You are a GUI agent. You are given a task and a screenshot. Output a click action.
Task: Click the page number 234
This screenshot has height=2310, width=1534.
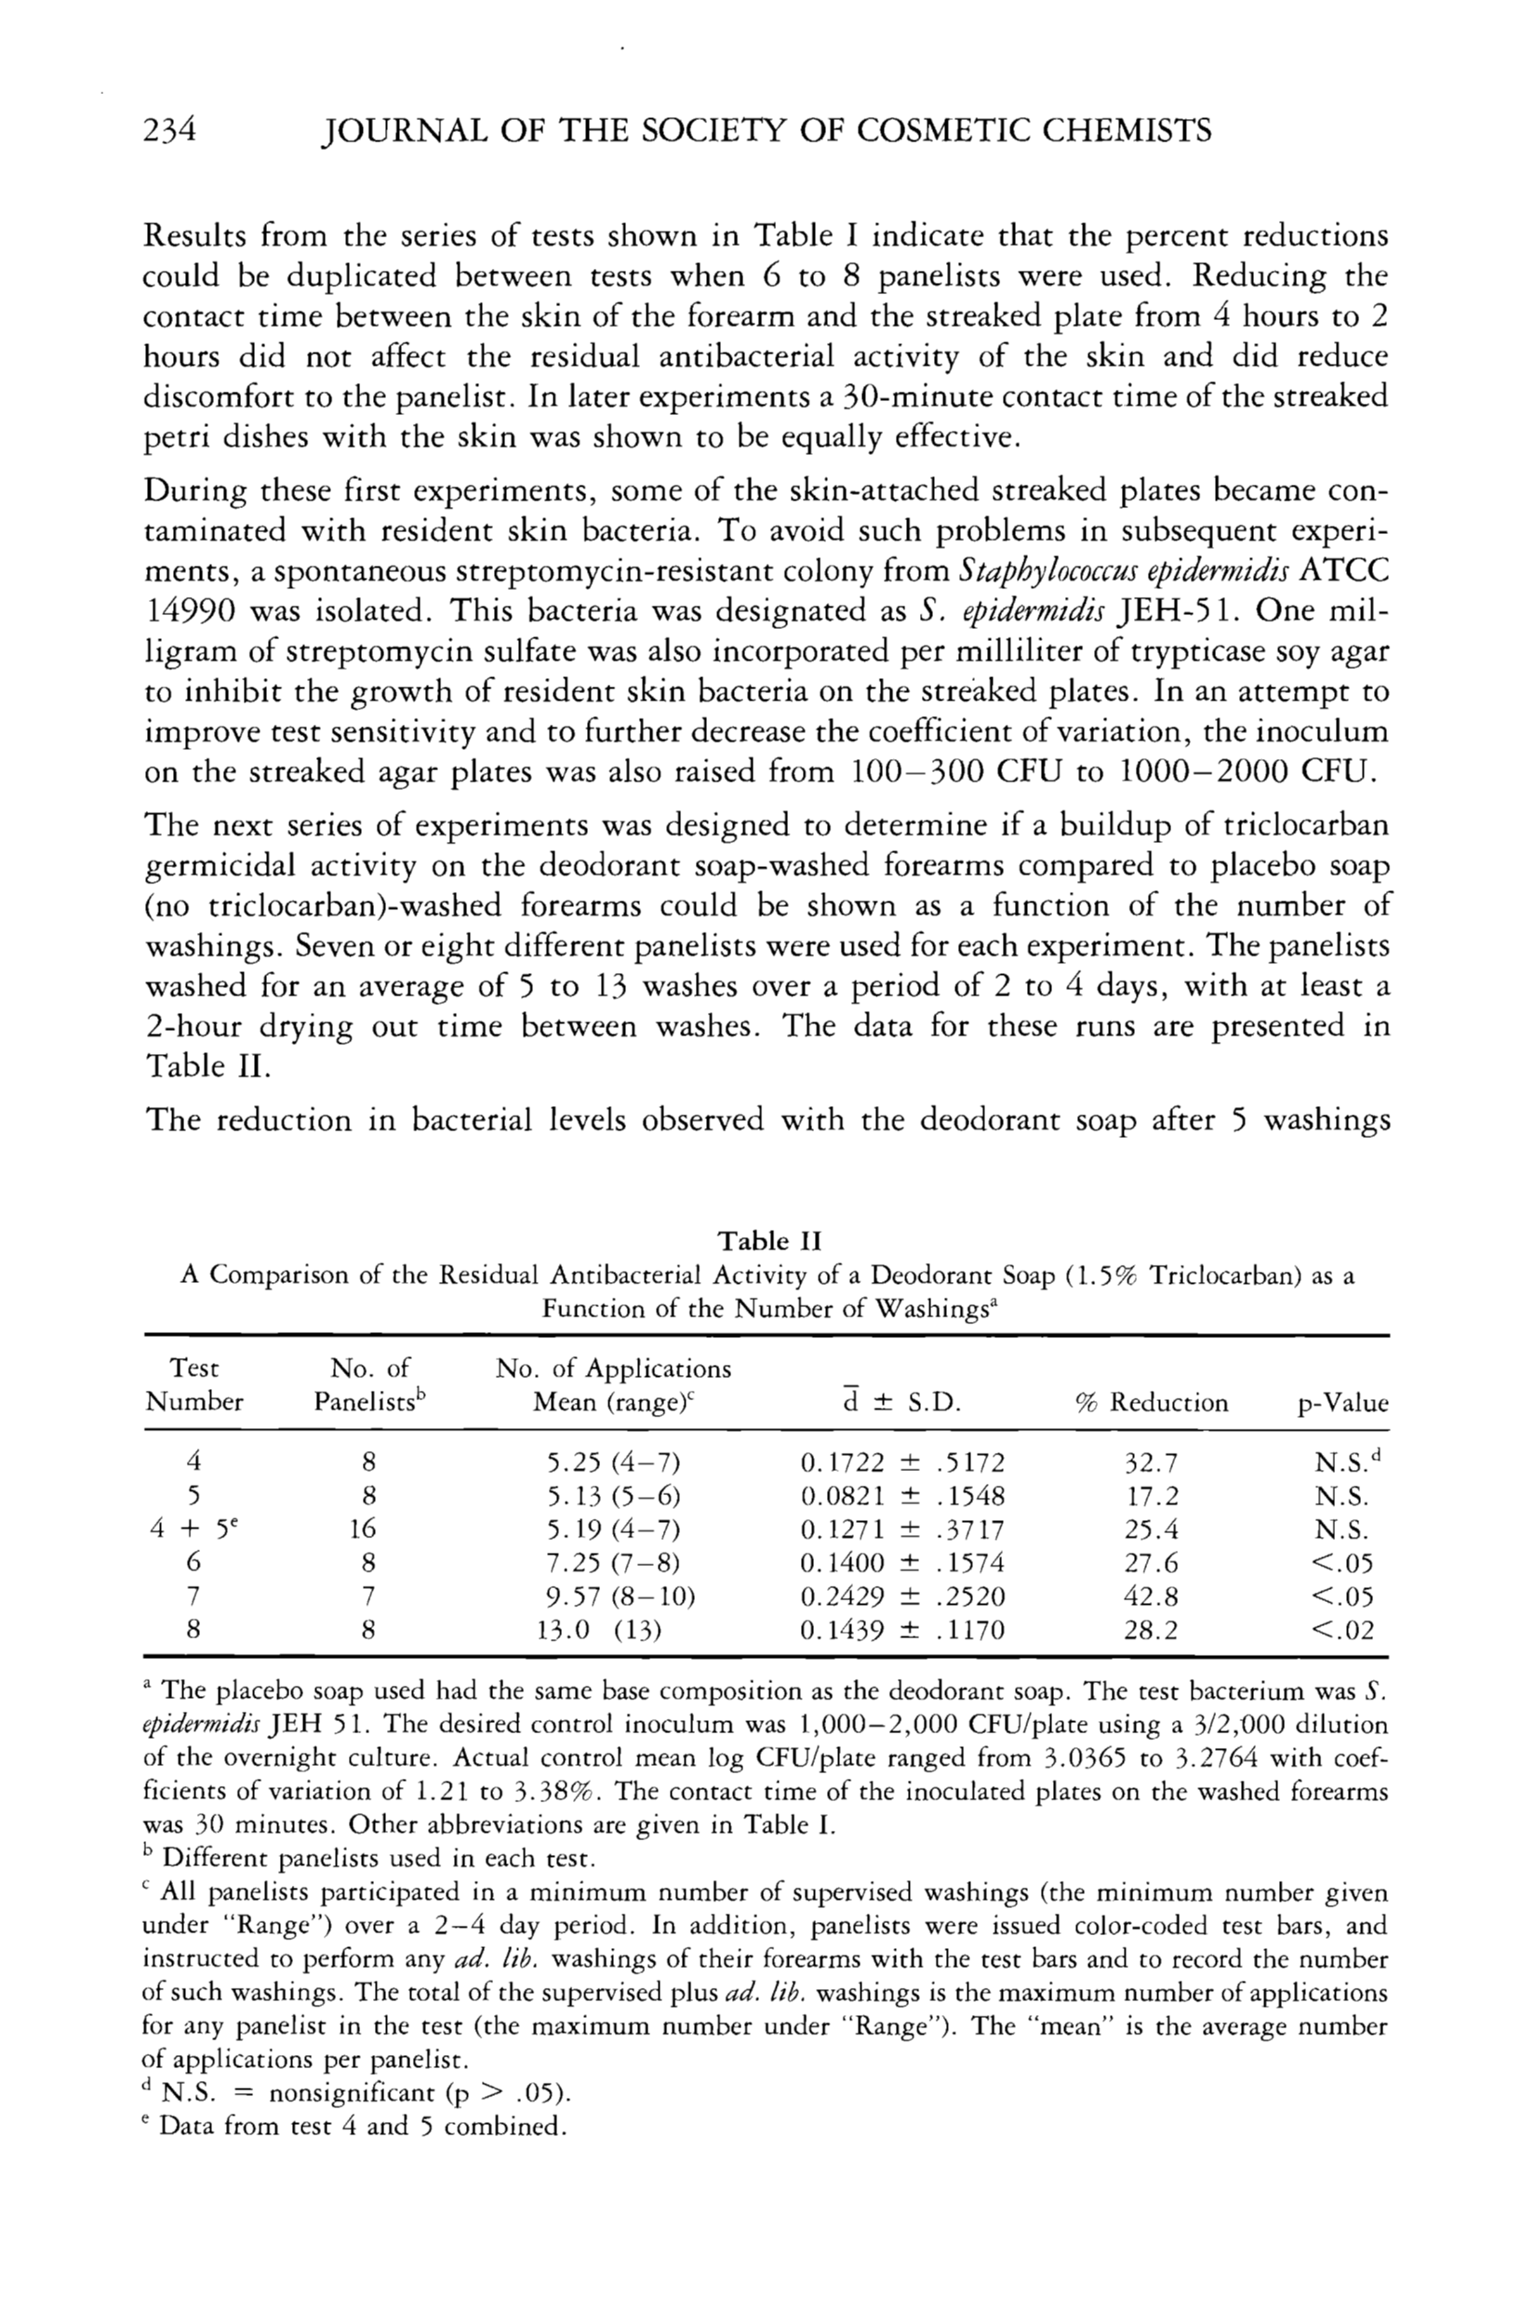pyautogui.click(x=171, y=131)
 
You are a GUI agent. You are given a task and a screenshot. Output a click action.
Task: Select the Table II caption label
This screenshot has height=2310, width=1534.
pyautogui.click(x=769, y=1242)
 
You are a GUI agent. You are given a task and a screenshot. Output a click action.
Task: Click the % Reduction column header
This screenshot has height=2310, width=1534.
pyautogui.click(x=1151, y=1403)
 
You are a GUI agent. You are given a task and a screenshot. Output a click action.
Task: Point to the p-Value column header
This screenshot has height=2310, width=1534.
pyautogui.click(x=1342, y=1404)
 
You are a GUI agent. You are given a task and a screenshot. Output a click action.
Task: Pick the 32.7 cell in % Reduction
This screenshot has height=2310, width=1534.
pyautogui.click(x=1152, y=1463)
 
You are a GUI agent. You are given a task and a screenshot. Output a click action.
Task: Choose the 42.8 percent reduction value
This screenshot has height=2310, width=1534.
pyautogui.click(x=1152, y=1596)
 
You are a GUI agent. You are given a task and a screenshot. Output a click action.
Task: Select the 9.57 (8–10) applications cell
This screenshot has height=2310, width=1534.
pyautogui.click(x=620, y=1596)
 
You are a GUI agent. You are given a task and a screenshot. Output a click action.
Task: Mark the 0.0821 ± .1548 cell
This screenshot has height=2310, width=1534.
pyautogui.click(x=902, y=1497)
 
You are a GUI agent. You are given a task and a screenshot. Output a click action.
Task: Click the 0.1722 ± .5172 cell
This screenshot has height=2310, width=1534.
pyautogui.click(x=902, y=1463)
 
